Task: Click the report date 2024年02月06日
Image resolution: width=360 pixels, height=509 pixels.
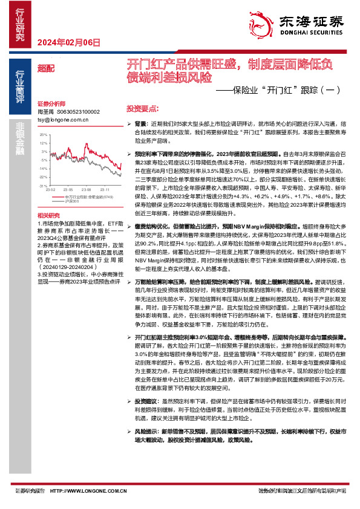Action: coord(68,42)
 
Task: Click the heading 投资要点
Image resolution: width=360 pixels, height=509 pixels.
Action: coord(142,109)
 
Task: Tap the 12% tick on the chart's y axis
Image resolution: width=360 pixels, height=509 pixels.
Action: coord(43,151)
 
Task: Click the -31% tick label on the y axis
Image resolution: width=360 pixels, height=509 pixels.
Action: coord(42,186)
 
